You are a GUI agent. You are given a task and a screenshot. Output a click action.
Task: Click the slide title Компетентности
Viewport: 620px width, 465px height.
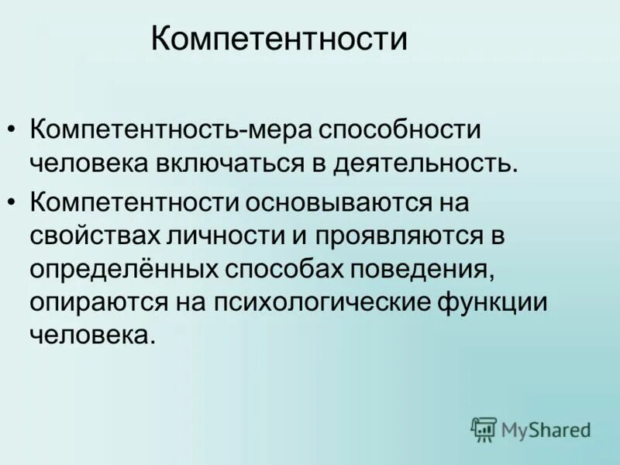click(279, 38)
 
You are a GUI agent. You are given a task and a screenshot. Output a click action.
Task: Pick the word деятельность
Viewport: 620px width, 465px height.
click(423, 165)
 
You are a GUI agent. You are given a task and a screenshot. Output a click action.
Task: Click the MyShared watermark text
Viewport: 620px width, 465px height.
click(546, 429)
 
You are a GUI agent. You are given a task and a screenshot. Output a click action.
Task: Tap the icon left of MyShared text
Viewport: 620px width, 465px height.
click(484, 429)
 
